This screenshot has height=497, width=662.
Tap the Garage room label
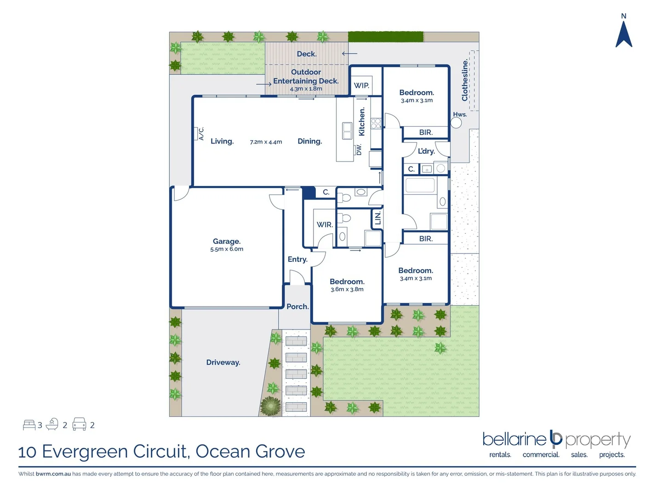pyautogui.click(x=227, y=241)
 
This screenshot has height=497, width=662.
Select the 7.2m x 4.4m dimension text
pyautogui.click(x=266, y=142)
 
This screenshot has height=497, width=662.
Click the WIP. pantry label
pyautogui.click(x=361, y=86)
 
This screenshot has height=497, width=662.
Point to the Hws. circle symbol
pyautogui.click(x=456, y=123)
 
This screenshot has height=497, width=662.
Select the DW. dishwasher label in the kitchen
pyautogui.click(x=359, y=150)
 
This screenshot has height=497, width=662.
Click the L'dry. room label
pyautogui.click(x=426, y=151)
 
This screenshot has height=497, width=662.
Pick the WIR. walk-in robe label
pyautogui.click(x=325, y=225)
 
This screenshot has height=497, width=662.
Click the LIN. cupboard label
pyautogui.click(x=378, y=219)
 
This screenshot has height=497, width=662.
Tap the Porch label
pyautogui.click(x=297, y=306)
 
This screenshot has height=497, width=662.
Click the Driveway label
pyautogui.click(x=223, y=362)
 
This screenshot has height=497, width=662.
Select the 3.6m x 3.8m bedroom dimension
pyautogui.click(x=347, y=289)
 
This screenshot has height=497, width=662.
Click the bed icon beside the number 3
pyautogui.click(x=29, y=425)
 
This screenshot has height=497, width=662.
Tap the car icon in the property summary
pyautogui.click(x=80, y=424)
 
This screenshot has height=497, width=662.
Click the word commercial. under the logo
pyautogui.click(x=541, y=455)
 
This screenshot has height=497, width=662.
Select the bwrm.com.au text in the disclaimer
pyautogui.click(x=53, y=474)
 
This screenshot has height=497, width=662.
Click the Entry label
pyautogui.click(x=297, y=259)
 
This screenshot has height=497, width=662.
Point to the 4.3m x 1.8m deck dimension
pyautogui.click(x=306, y=89)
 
